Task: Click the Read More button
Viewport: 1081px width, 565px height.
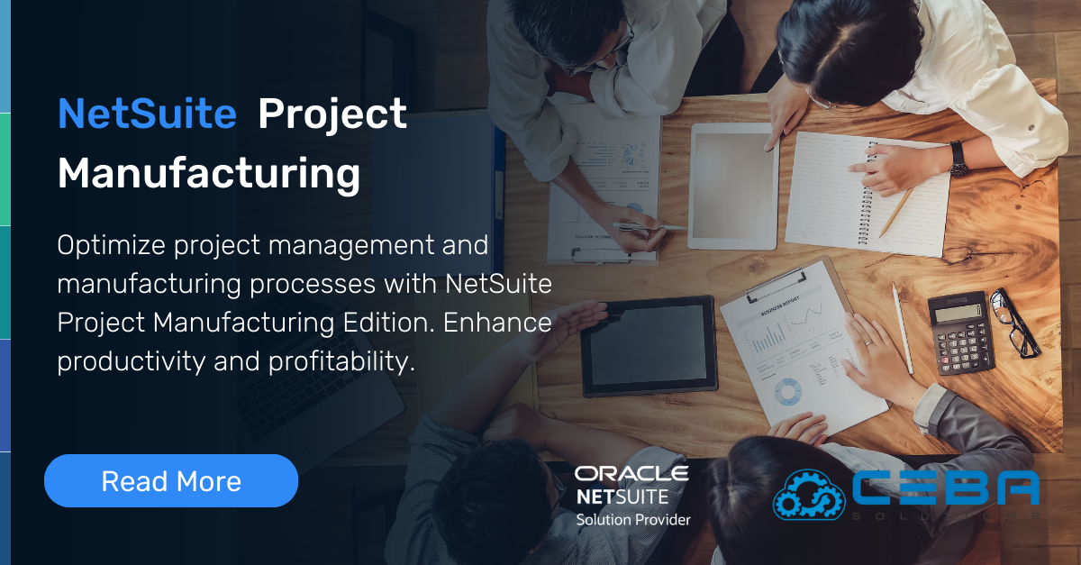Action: coord(171,481)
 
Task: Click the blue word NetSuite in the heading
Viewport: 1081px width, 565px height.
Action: coord(147,114)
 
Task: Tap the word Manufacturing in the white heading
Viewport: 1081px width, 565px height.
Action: coord(209,172)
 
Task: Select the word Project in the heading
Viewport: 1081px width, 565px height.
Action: coord(332,114)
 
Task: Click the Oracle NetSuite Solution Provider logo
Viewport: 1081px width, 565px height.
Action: coord(632,495)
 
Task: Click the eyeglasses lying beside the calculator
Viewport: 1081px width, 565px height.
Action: coord(1016,321)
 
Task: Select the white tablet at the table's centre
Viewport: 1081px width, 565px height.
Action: coord(732,186)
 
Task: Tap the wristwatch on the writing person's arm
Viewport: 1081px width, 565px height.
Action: coord(957,159)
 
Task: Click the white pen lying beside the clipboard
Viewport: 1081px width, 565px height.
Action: coord(902,328)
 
